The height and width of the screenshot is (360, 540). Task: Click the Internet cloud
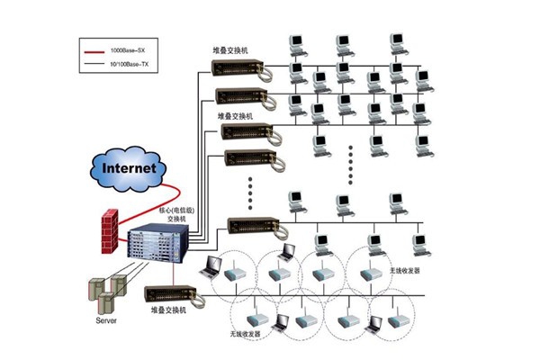pyautogui.click(x=130, y=167)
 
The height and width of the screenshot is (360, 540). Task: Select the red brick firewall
pyautogui.click(x=109, y=229)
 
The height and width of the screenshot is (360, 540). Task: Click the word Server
pyautogui.click(x=106, y=320)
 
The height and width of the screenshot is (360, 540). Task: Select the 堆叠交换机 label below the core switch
pyautogui.click(x=167, y=310)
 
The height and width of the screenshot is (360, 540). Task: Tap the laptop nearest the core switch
pyautogui.click(x=211, y=265)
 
